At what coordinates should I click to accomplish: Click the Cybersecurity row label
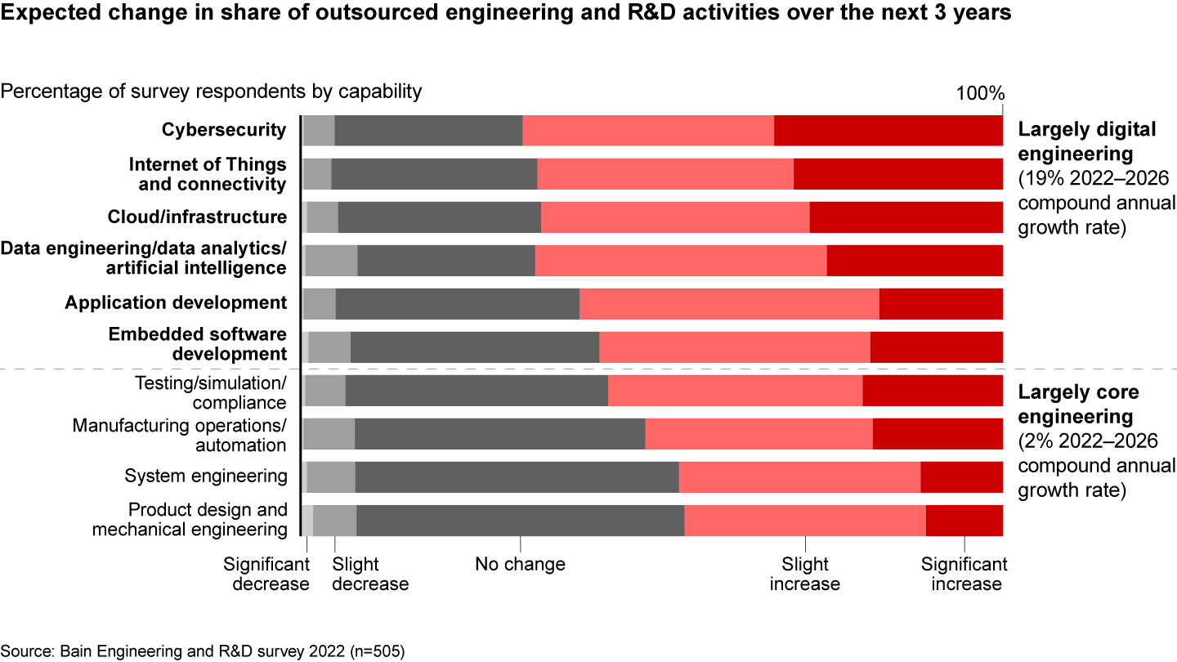[x=224, y=130]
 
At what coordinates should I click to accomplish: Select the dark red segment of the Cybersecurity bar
[x=888, y=131]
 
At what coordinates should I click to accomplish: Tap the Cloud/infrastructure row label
[x=197, y=217]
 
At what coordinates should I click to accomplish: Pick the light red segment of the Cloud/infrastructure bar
[x=675, y=217]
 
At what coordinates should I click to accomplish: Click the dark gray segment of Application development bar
[x=457, y=303]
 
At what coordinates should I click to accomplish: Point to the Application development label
[x=176, y=302]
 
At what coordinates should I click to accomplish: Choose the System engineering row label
[x=205, y=476]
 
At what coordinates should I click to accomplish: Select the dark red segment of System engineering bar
[x=961, y=476]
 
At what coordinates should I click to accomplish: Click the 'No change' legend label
[x=520, y=564]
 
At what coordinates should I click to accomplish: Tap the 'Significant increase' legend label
[x=964, y=574]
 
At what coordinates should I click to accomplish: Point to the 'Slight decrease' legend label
[x=370, y=574]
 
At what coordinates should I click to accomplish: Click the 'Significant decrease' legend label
[x=266, y=574]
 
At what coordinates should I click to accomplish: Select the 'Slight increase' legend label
[x=805, y=574]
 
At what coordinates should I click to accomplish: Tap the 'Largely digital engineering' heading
[x=1074, y=141]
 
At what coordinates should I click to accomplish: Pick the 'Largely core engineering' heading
[x=1078, y=404]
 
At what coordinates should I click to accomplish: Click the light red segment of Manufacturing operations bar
[x=759, y=433]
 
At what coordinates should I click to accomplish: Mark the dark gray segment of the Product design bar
[x=520, y=521]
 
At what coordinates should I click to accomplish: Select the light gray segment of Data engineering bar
[x=331, y=260]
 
